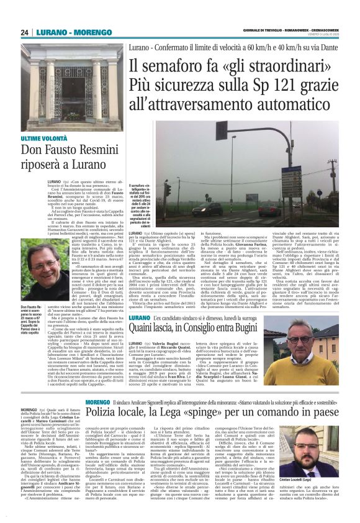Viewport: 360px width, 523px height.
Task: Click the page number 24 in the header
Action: click(24, 32)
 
